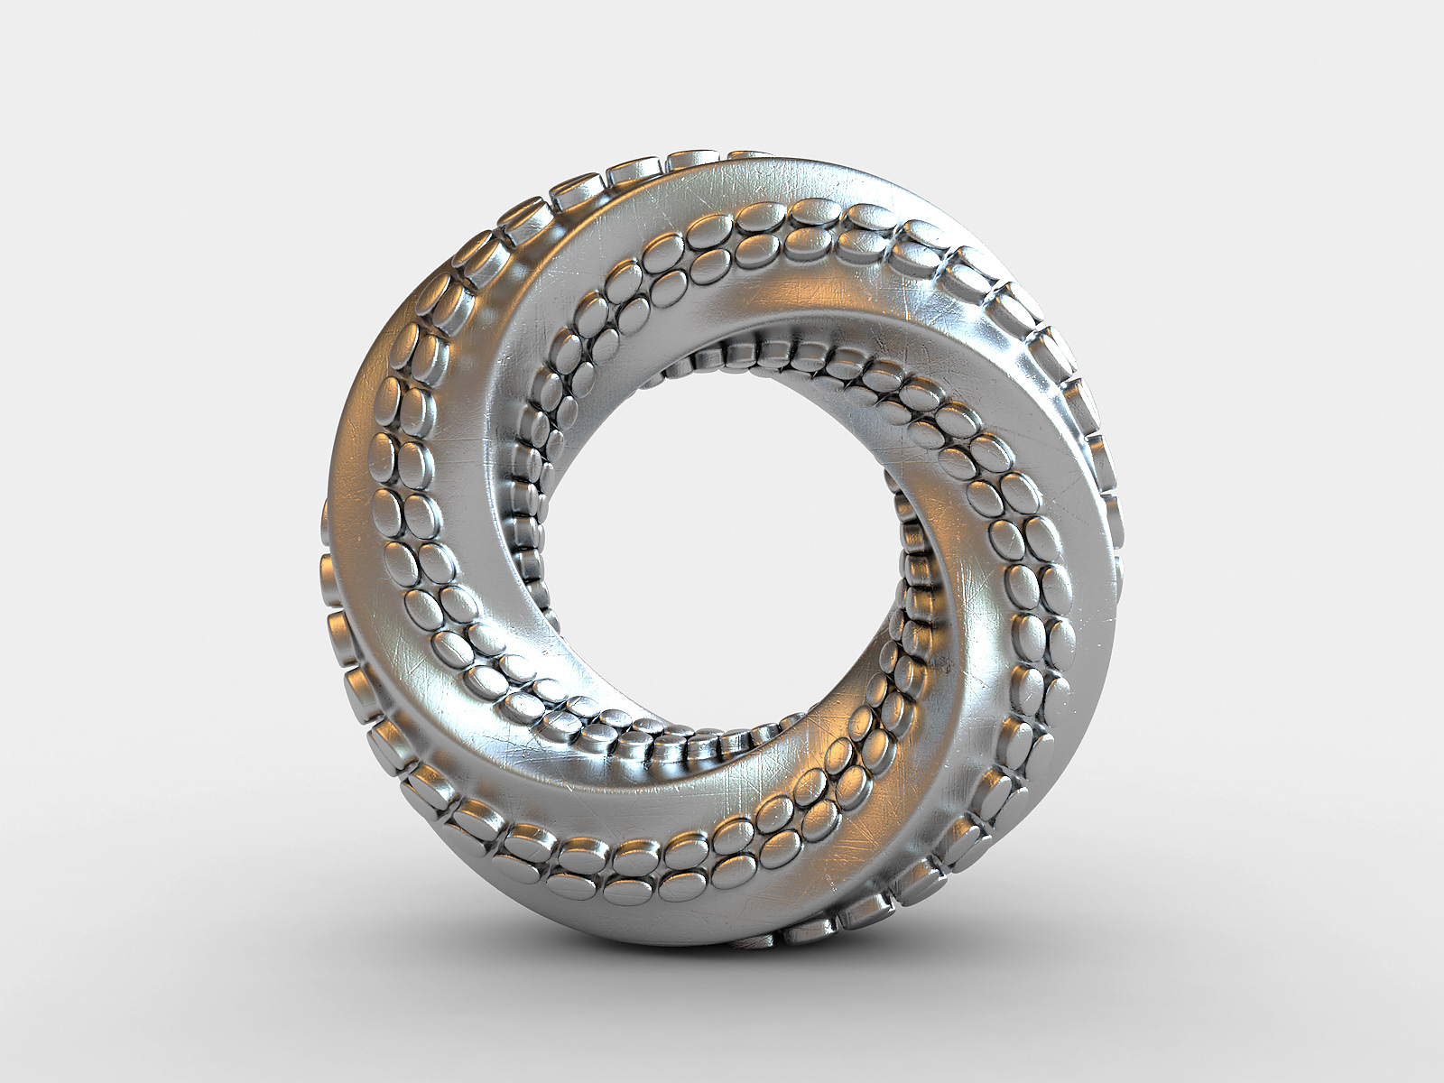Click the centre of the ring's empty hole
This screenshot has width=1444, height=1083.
(722, 541)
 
